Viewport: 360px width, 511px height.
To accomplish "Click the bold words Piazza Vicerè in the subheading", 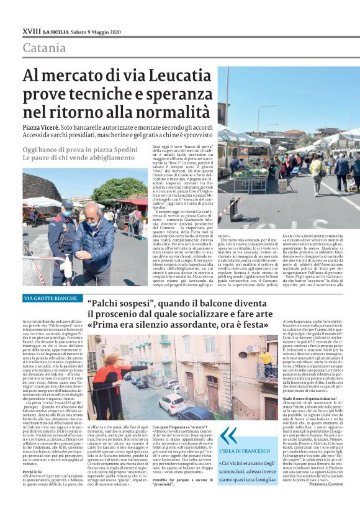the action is pyautogui.click(x=45, y=126).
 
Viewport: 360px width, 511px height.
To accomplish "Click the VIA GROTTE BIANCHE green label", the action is pyautogui.click(x=50, y=299).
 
